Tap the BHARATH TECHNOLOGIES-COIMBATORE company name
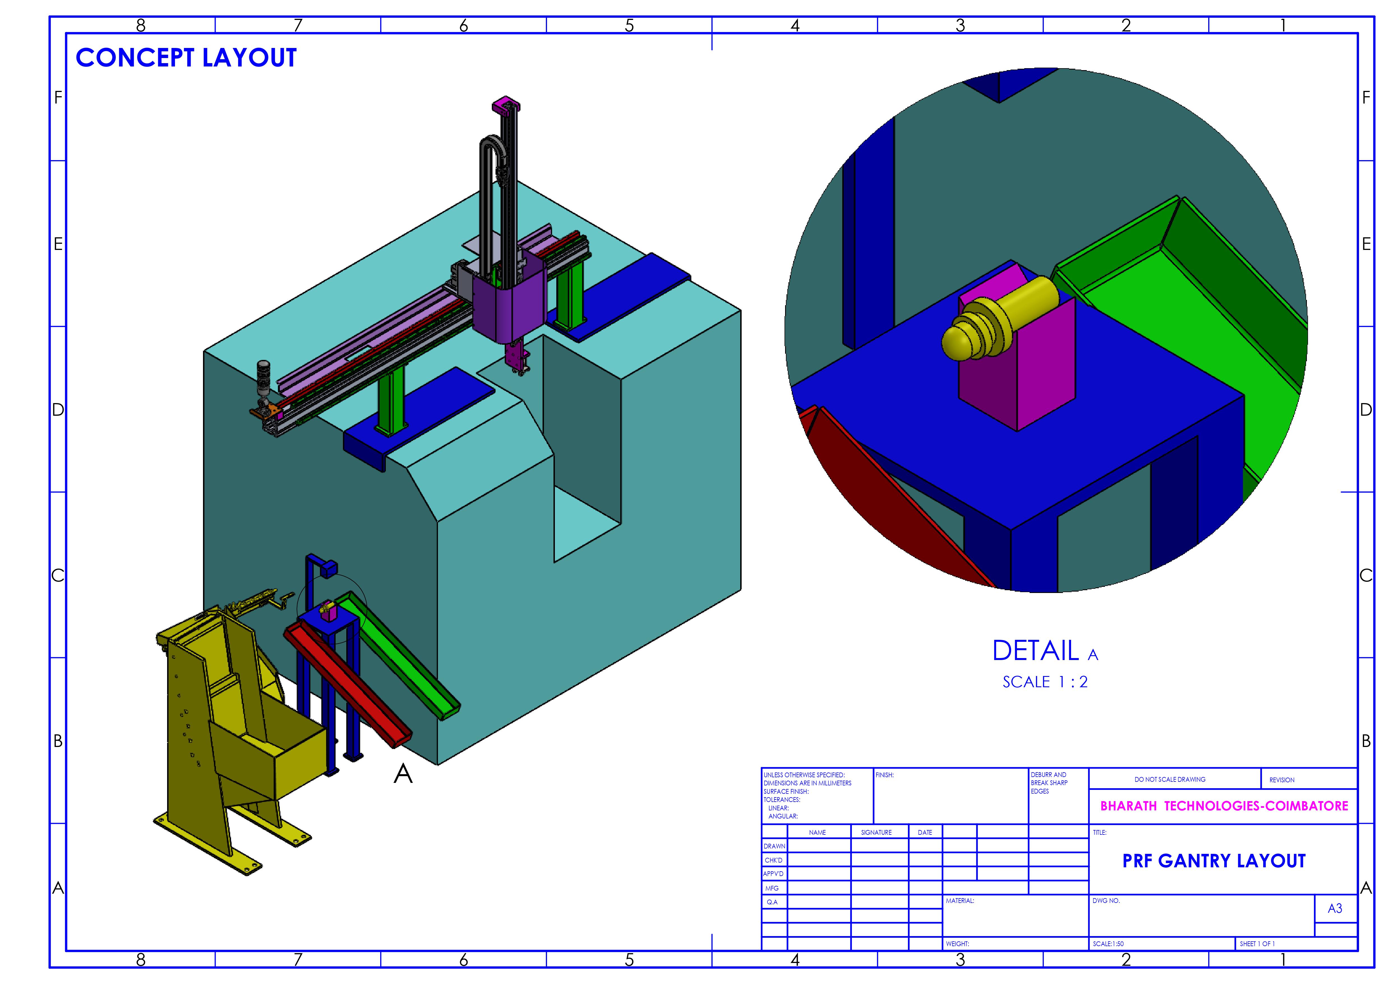[x=1224, y=806]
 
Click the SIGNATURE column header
[x=876, y=833]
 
